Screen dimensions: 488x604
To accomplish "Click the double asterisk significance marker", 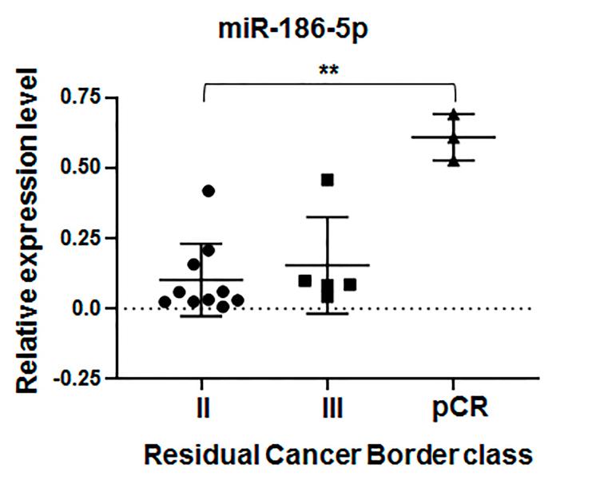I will [x=328, y=71].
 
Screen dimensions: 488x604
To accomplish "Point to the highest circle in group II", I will [x=209, y=191].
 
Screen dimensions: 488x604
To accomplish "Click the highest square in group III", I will [x=327, y=180].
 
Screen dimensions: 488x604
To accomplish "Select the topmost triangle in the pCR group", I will [x=454, y=115].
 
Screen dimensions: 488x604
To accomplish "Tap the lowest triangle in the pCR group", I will [x=454, y=161].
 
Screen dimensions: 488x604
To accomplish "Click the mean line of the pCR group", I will [x=454, y=137].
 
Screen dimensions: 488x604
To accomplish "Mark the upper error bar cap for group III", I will [x=327, y=216].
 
